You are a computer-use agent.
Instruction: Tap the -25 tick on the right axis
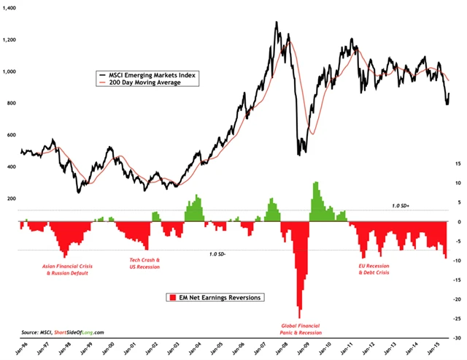coord(456,319)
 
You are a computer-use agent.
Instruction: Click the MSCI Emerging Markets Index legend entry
coord(150,74)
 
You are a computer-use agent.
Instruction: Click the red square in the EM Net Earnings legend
coord(172,297)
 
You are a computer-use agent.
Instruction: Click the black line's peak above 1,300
coord(276,23)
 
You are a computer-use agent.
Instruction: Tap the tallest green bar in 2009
coord(316,184)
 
